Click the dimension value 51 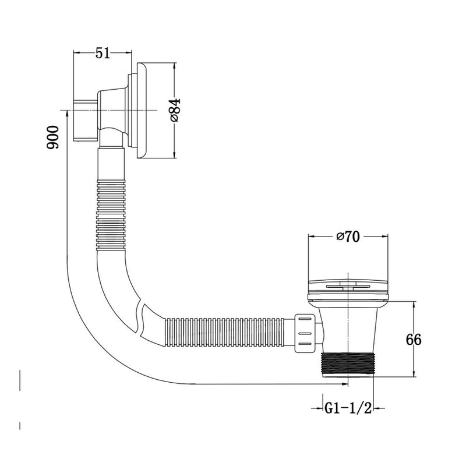103,53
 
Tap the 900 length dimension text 53,137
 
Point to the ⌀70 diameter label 348,236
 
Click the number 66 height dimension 414,339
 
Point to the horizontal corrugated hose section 227,330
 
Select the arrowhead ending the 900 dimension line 345,384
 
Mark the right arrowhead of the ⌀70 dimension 385,236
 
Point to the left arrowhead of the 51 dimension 76,53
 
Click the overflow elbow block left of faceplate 87,119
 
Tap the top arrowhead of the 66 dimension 414,305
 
